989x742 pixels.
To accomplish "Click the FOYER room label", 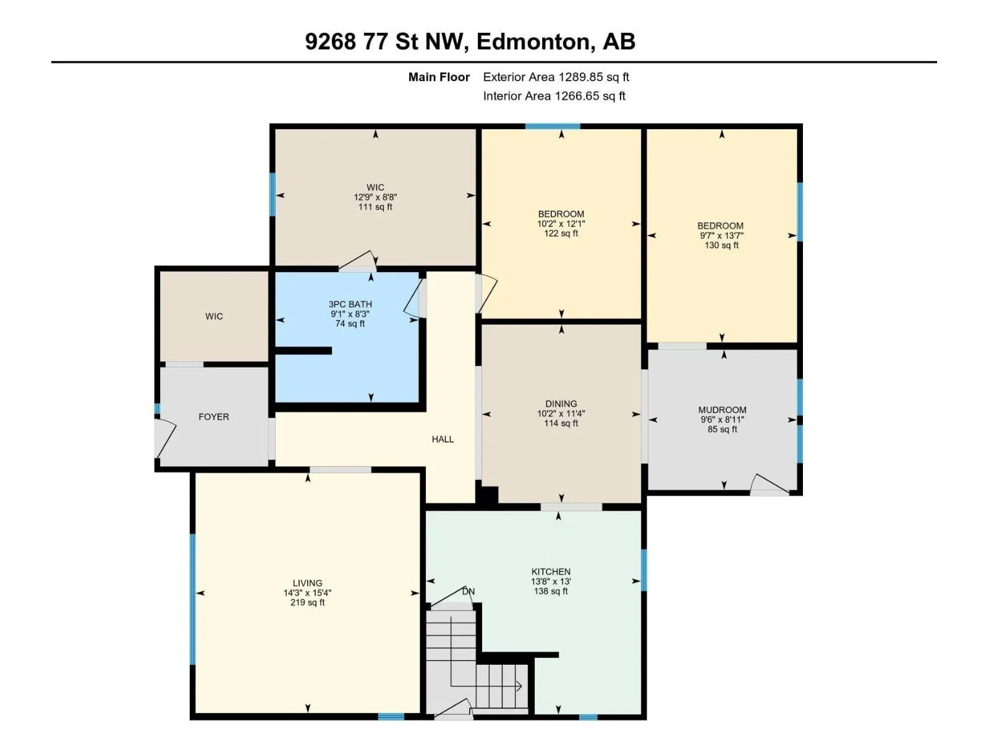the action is tap(214, 417).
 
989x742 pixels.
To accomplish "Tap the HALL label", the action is tap(443, 439).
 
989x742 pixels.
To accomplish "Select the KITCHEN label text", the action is tap(551, 572).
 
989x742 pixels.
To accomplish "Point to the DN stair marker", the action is tap(469, 592).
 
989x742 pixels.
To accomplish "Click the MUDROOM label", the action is tap(722, 410).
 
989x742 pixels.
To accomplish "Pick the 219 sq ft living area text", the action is tap(307, 602).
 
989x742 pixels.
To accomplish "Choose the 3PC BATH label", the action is tap(350, 304).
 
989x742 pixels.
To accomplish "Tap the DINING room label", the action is tap(561, 404).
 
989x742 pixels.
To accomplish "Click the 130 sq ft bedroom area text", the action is tap(721, 245).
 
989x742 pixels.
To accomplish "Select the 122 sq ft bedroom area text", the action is tap(561, 233).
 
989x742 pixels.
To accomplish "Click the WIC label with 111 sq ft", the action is tap(375, 187).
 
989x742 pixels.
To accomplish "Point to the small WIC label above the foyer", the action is tap(214, 316).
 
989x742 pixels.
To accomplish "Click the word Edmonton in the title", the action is tap(533, 41).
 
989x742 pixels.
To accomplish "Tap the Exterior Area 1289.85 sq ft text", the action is tap(556, 77).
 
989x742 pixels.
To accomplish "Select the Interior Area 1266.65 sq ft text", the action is tap(554, 96).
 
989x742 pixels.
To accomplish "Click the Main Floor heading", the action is tap(439, 77).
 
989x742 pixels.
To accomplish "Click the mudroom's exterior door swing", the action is tap(770, 484).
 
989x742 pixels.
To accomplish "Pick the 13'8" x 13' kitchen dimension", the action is tap(551, 582).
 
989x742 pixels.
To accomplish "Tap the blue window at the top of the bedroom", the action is tap(553, 127).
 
